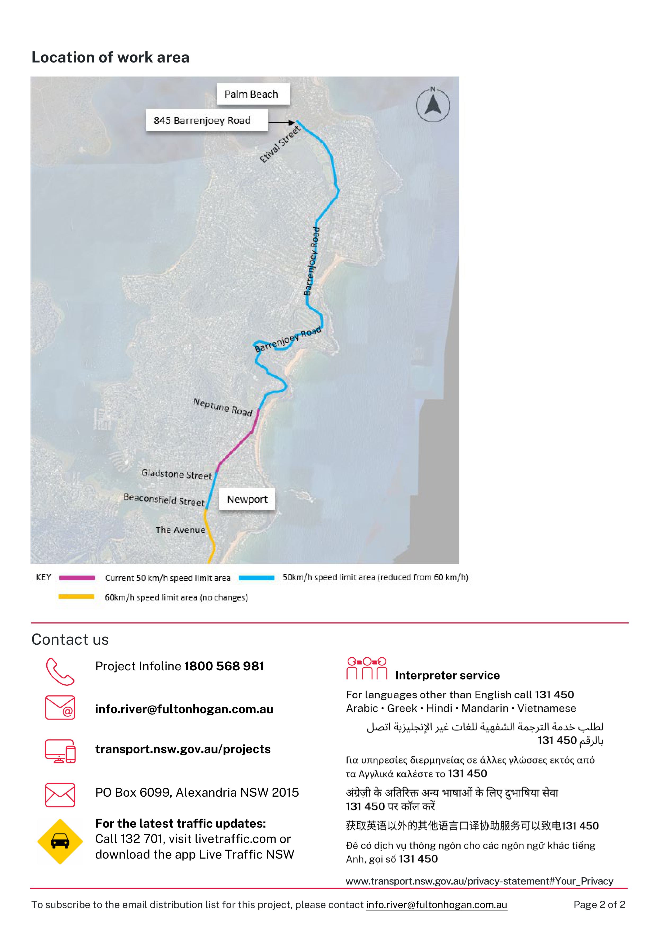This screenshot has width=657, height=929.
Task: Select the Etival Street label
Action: [x=280, y=145]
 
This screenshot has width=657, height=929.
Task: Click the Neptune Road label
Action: [x=223, y=407]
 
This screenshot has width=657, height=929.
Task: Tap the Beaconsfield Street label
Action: [x=164, y=500]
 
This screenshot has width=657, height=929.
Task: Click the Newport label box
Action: [x=247, y=499]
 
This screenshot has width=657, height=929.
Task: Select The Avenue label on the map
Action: [x=180, y=530]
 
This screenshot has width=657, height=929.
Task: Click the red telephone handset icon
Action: [x=60, y=672]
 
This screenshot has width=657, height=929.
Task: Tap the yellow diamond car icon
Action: [x=60, y=842]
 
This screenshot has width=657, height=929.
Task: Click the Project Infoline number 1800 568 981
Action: [x=224, y=666]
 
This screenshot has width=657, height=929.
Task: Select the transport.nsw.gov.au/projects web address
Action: [x=183, y=749]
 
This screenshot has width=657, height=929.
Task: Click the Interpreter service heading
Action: [x=447, y=675]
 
